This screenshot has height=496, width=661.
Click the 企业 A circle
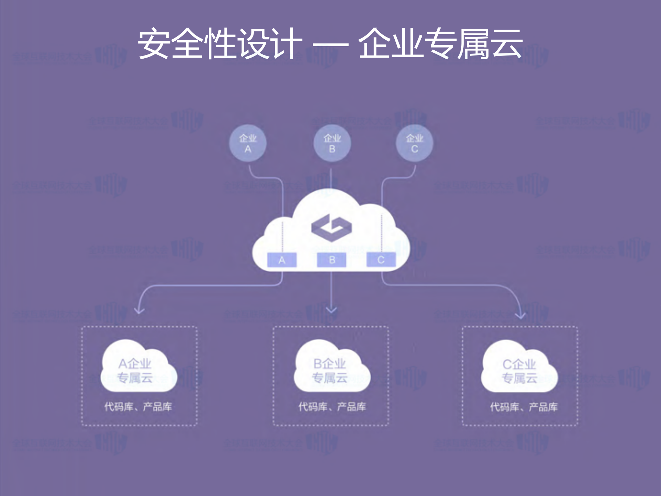tap(248, 143)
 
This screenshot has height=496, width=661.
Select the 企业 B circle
tap(332, 143)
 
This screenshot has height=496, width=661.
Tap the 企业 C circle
tap(414, 143)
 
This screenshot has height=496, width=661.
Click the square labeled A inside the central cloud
tap(282, 260)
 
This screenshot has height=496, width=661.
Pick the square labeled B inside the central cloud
tap(331, 260)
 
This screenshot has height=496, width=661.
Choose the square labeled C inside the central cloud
tap(381, 260)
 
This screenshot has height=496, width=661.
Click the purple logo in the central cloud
tap(331, 227)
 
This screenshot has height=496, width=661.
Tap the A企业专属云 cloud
tap(138, 369)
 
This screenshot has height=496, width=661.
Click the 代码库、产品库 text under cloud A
tap(138, 407)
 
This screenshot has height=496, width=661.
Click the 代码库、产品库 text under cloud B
tap(332, 407)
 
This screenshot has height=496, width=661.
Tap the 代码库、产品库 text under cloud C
tap(524, 407)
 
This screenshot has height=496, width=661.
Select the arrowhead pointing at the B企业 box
tap(331, 310)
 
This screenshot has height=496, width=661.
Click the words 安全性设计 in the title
tap(220, 44)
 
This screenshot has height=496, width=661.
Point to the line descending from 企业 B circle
tap(331, 178)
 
